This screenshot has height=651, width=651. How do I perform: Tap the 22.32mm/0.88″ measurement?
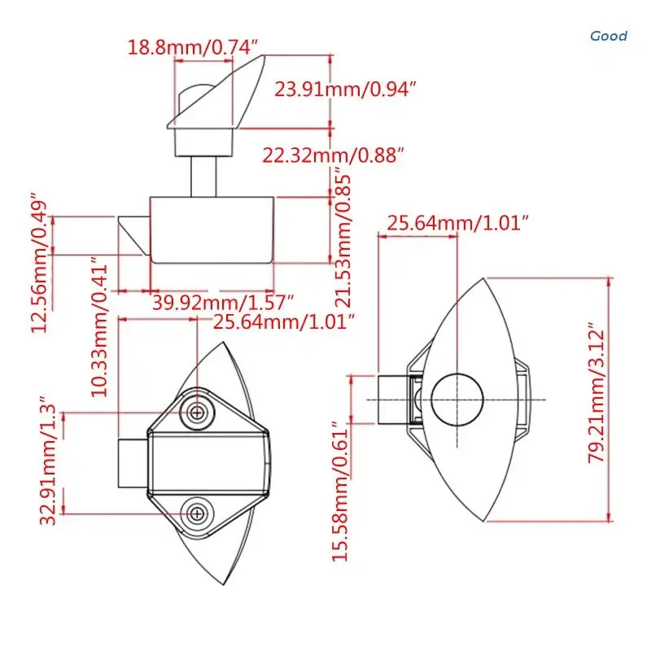click(333, 155)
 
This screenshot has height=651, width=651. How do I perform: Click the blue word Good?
click(609, 36)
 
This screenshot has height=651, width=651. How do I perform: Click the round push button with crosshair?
click(457, 400)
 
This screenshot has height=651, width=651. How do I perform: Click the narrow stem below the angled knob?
click(203, 174)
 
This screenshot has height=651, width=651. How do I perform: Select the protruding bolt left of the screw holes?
click(133, 462)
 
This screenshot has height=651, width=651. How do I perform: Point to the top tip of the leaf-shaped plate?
click(486, 280)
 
